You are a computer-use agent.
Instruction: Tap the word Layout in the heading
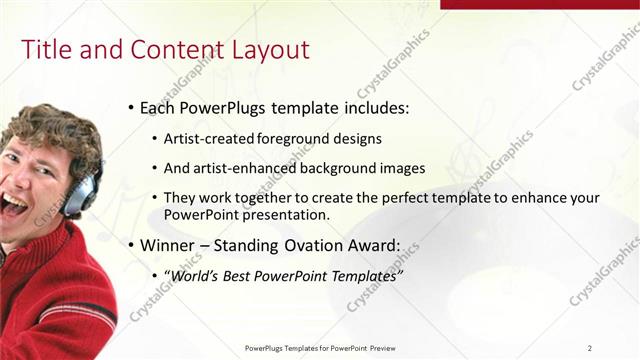(x=269, y=50)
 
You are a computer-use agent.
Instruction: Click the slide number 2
(x=590, y=348)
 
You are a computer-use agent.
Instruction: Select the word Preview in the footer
(x=383, y=348)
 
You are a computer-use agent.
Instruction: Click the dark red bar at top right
(x=539, y=4)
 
